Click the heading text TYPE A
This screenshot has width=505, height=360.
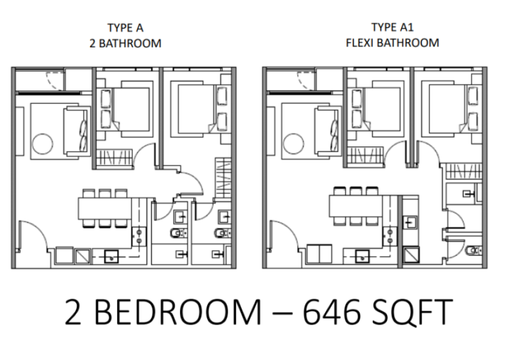pyautogui.click(x=125, y=28)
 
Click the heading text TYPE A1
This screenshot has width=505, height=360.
pyautogui.click(x=392, y=27)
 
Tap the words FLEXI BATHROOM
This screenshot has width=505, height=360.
pyautogui.click(x=392, y=43)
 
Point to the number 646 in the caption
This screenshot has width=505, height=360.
pyautogui.click(x=331, y=311)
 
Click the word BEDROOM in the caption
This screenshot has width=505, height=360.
pyautogui.click(x=178, y=312)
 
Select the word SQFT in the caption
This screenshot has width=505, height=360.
pyautogui.click(x=413, y=312)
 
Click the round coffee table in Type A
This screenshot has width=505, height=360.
pyautogui.click(x=43, y=144)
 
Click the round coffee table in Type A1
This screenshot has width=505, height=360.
pyautogui.click(x=294, y=144)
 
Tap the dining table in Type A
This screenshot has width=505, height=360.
pyautogui.click(x=105, y=208)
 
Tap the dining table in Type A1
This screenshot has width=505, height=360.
pyautogui.click(x=356, y=206)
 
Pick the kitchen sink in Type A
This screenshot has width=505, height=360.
pyautogui.click(x=112, y=257)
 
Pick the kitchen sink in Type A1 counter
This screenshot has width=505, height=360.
pyautogui.click(x=362, y=256)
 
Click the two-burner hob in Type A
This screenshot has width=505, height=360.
pyautogui.click(x=139, y=236)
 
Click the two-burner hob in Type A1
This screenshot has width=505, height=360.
pyautogui.click(x=390, y=236)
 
